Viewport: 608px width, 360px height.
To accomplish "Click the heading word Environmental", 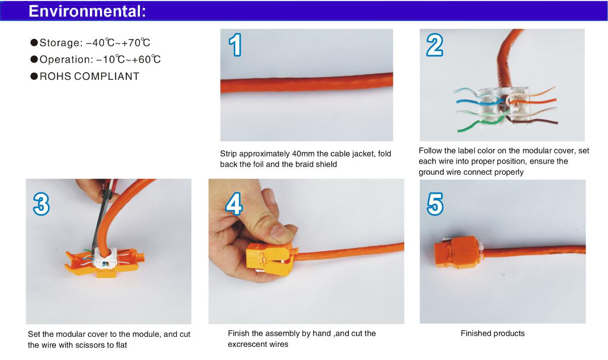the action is (87, 12).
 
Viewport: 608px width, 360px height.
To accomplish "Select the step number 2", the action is (435, 45).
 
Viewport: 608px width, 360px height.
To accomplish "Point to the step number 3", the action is (41, 204).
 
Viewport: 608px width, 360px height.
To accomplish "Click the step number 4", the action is (234, 203).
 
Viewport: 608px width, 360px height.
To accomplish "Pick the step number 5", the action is (435, 204).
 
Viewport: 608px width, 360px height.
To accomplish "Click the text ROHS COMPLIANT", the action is (89, 77).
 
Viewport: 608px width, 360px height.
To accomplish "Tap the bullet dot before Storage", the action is (34, 42).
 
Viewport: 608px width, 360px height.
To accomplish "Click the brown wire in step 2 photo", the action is (532, 121).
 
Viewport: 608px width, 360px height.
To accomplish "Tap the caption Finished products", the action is (493, 333).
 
